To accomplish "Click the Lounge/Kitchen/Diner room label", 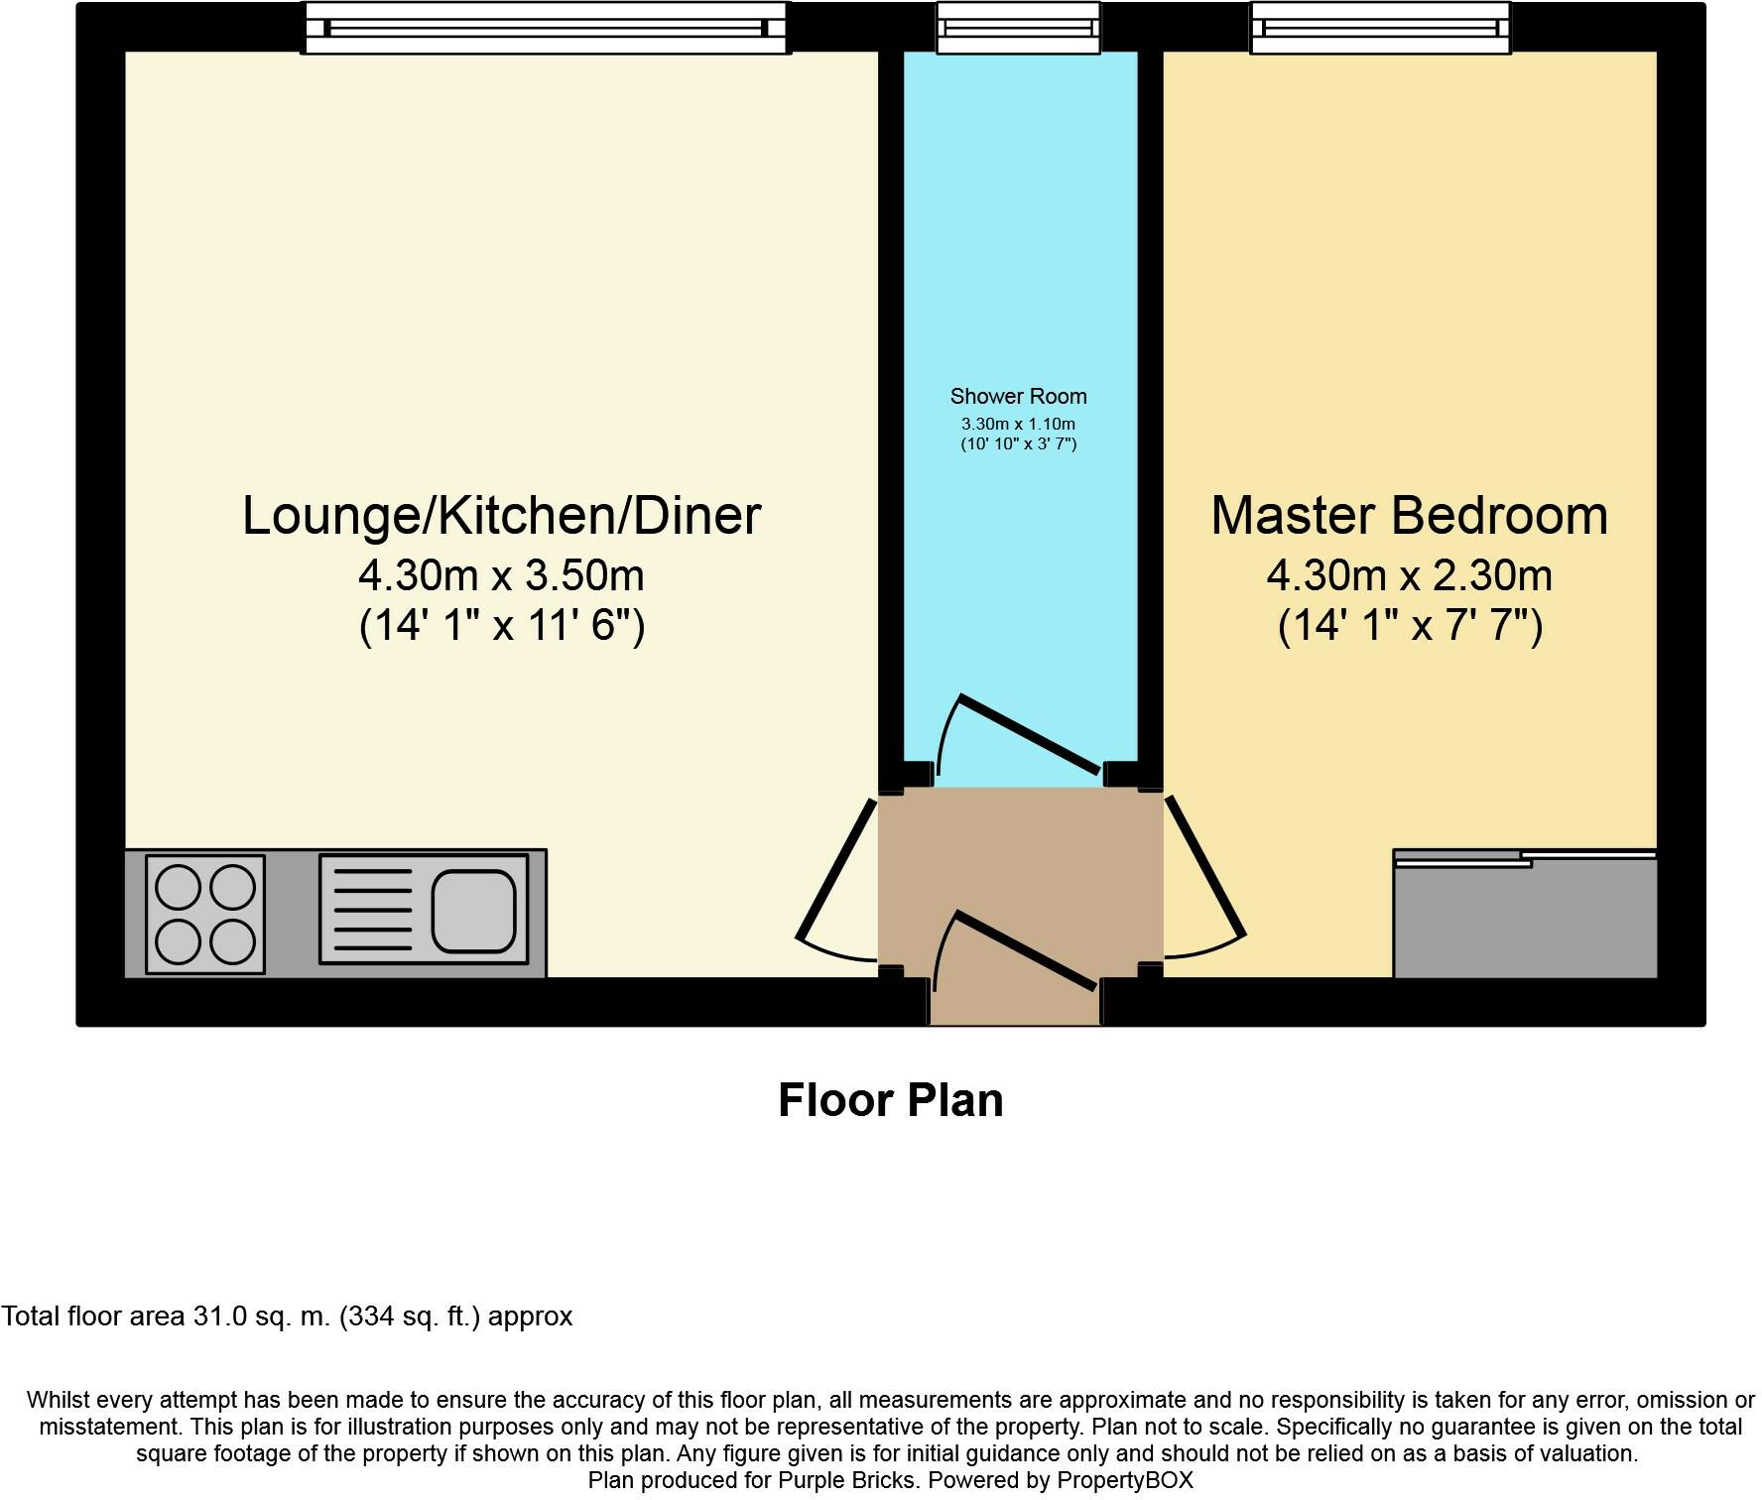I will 501,516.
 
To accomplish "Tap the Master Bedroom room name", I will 1409,516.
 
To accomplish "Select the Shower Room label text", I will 1018,397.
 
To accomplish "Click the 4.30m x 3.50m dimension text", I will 501,575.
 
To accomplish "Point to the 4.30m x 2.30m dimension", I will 1409,575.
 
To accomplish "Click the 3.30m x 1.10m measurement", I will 1018,425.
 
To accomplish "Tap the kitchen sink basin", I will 473,909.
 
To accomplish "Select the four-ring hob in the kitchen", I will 205,913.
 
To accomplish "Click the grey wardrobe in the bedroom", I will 1525,918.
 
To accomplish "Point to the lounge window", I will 545,28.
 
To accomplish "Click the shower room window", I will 1018,28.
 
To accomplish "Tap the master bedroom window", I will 1380,28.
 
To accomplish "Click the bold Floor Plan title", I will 890,1100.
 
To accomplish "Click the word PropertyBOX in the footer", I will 1124,1481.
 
